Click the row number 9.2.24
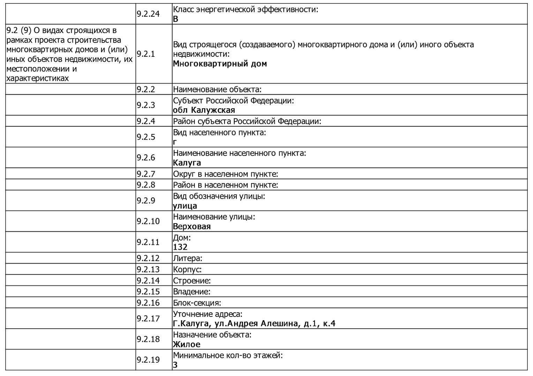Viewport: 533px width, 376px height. point(148,14)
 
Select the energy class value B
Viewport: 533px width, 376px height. point(175,19)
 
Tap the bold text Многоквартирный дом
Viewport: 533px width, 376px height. point(220,64)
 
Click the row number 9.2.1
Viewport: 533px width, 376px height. point(146,54)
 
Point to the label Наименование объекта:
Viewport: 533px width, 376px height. point(217,89)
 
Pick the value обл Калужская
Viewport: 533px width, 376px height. point(204,110)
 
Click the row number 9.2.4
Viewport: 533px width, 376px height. point(146,121)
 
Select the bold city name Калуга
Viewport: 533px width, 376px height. point(187,163)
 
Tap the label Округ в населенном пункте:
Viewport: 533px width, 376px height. point(225,174)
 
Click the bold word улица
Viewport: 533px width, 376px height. point(185,206)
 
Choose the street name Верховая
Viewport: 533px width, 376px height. point(192,226)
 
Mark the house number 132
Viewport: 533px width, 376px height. point(180,247)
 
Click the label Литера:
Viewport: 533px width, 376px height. point(188,258)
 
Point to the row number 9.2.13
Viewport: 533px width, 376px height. point(148,269)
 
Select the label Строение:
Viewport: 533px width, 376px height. point(192,281)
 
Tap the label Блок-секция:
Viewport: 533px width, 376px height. point(197,303)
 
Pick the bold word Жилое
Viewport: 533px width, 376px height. point(186,344)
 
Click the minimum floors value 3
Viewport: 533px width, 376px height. point(175,365)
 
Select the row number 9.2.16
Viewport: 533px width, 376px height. point(148,303)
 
